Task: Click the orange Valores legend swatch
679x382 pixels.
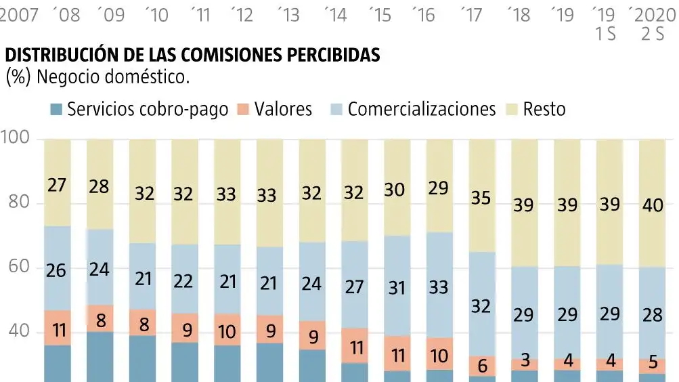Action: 244,110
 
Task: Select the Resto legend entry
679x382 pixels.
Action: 544,110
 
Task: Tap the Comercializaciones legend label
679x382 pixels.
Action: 421,110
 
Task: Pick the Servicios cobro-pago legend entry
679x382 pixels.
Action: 148,110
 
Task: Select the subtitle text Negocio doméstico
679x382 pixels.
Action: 113,77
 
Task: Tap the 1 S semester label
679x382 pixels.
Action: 605,34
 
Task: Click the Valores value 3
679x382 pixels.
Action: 525,364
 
